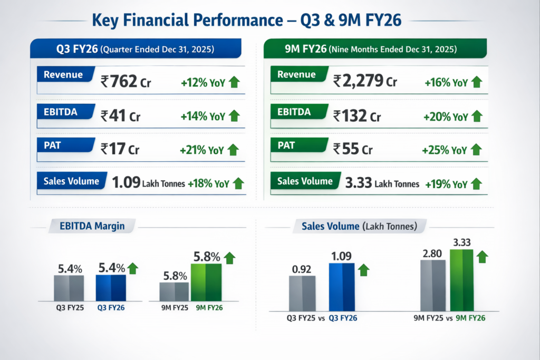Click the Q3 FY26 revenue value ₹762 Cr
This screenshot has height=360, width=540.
[126, 81]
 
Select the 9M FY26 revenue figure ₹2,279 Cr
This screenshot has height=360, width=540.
[365, 81]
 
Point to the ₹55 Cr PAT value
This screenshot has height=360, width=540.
[353, 150]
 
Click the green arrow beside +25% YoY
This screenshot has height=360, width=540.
[476, 150]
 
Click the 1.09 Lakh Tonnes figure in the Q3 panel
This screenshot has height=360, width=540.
[148, 183]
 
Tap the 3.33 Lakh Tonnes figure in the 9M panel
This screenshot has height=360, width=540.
[382, 183]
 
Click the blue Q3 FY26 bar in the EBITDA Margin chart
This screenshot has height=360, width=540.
[111, 287]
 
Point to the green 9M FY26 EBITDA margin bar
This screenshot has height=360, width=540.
[206, 282]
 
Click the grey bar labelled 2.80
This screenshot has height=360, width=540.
[432, 285]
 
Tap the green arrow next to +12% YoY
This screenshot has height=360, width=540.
[234, 82]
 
